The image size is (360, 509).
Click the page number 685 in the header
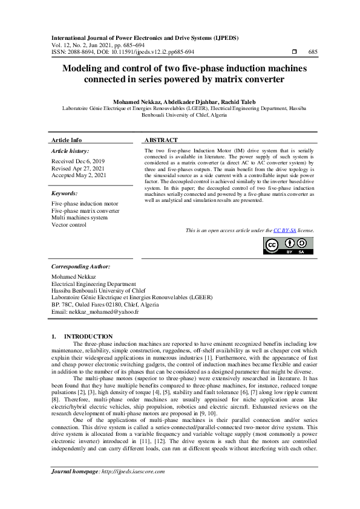pyautogui.click(x=312, y=52)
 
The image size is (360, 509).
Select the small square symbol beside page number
pyautogui.click(x=294, y=52)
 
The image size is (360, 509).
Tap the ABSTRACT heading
pyautogui.click(x=161, y=140)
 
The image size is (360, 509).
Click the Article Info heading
pyautogui.click(x=67, y=140)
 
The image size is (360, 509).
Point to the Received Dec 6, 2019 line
pyautogui.click(x=77, y=161)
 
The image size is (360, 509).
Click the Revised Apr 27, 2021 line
pyautogui.click(x=79, y=168)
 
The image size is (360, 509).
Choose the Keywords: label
pyautogui.click(x=65, y=193)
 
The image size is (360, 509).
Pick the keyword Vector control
pyautogui.click(x=69, y=225)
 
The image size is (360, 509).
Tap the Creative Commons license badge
pyautogui.click(x=287, y=245)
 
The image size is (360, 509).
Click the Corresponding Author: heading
pyautogui.click(x=80, y=266)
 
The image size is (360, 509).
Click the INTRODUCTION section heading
pyautogui.click(x=88, y=336)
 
